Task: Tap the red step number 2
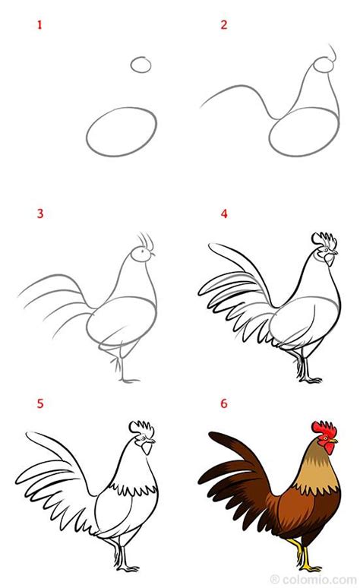click(x=224, y=25)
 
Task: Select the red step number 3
click(x=40, y=213)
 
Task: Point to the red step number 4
click(x=224, y=213)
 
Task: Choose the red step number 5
click(x=40, y=403)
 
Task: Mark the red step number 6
click(x=224, y=403)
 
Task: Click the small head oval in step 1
click(x=141, y=65)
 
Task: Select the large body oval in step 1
click(x=122, y=131)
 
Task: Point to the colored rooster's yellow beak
click(x=335, y=440)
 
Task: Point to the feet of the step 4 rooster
click(x=309, y=377)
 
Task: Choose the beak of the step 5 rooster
click(x=152, y=440)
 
